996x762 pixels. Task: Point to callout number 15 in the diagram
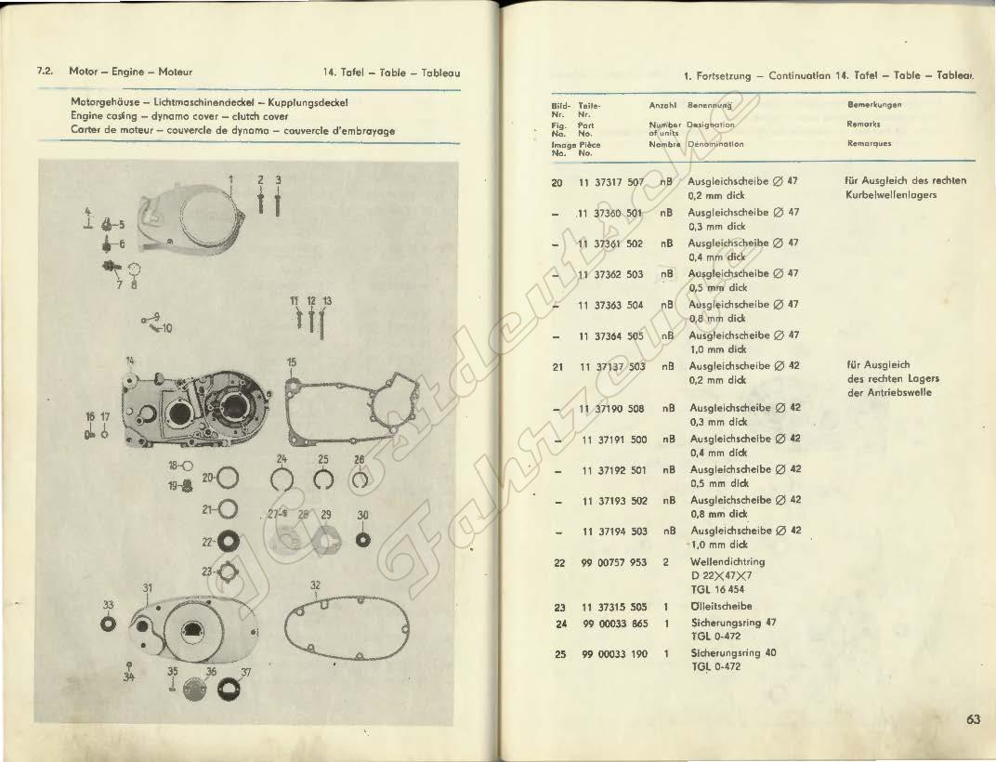pyautogui.click(x=292, y=361)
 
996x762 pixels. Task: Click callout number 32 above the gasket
pyautogui.click(x=315, y=586)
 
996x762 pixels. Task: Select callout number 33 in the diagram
pyautogui.click(x=109, y=605)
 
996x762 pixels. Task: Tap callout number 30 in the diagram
pyautogui.click(x=362, y=516)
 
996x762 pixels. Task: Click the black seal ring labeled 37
pyautogui.click(x=227, y=689)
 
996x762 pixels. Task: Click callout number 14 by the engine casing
pyautogui.click(x=130, y=360)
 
